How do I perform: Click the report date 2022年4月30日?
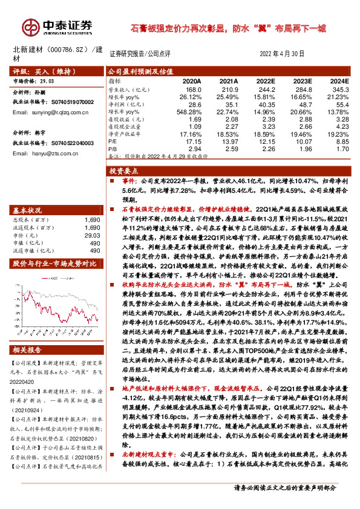[x=282, y=53]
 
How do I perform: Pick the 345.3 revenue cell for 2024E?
[x=341, y=89]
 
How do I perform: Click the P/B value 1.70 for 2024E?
[x=342, y=148]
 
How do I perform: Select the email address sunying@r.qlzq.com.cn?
[x=53, y=112]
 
